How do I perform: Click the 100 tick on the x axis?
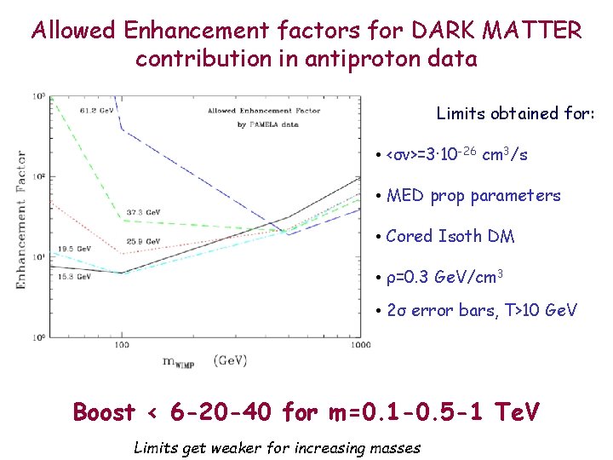click(x=122, y=344)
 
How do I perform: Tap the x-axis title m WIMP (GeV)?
click(x=204, y=360)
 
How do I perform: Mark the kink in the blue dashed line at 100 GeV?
click(x=122, y=129)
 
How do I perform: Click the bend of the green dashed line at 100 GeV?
click(x=122, y=220)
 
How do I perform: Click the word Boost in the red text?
click(x=104, y=413)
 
